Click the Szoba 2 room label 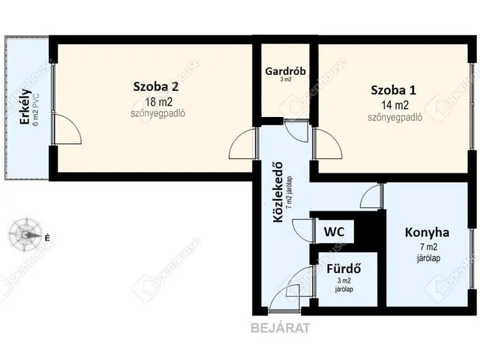[155, 87]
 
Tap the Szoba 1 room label [393, 90]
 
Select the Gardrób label [285, 71]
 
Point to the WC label [334, 232]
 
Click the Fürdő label [343, 268]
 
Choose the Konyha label [427, 232]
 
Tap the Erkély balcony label [25, 106]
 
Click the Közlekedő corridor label [278, 192]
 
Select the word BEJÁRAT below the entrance [280, 328]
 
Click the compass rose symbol [25, 235]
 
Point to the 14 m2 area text [395, 105]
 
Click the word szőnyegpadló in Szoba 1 [395, 117]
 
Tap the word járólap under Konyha [428, 258]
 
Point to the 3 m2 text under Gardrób [286, 79]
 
